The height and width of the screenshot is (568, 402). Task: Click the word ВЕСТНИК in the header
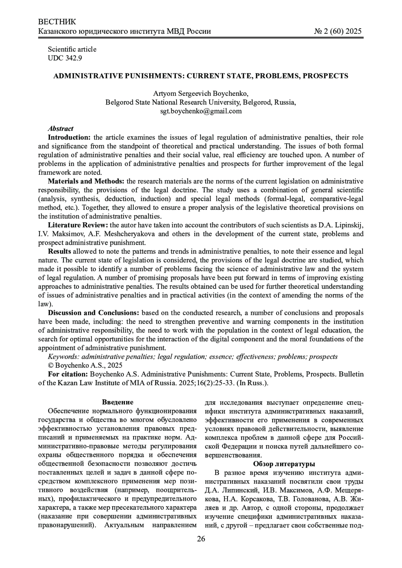pyautogui.click(x=57, y=22)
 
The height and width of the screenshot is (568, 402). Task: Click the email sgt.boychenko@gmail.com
pyautogui.click(x=201, y=111)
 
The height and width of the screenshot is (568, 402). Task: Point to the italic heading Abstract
pyautogui.click(x=61, y=129)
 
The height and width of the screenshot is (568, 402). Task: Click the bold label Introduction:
pyautogui.click(x=69, y=137)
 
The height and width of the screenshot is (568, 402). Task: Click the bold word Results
pyautogui.click(x=59, y=251)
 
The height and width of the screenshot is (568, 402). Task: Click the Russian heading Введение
pyautogui.click(x=118, y=402)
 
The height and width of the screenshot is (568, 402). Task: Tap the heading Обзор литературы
pyautogui.click(x=284, y=464)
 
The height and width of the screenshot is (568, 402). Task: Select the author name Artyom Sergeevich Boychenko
pyautogui.click(x=201, y=93)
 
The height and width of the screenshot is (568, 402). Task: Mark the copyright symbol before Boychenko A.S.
pyautogui.click(x=51, y=365)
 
